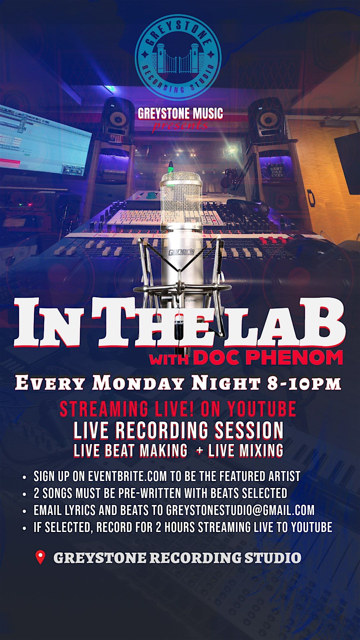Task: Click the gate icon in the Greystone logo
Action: (x=178, y=58)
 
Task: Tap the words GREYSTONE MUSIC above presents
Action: (x=180, y=114)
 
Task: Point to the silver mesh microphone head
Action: (x=181, y=198)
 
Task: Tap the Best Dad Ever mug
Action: (x=276, y=170)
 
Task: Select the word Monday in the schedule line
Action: (x=138, y=383)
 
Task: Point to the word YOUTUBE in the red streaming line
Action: (x=262, y=409)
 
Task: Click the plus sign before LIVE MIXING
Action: (x=200, y=451)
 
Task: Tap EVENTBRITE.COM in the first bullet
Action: (x=127, y=476)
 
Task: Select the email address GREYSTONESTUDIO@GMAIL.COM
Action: (x=240, y=510)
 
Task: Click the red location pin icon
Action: (x=40, y=558)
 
